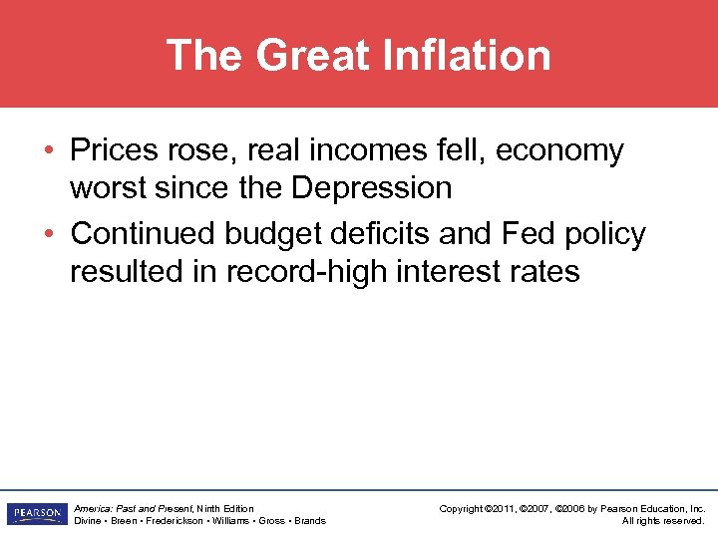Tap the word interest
458,271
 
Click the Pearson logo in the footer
36,514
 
